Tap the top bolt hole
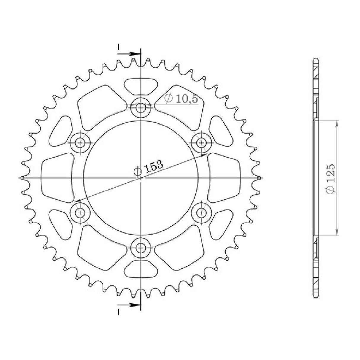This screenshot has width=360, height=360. (141, 108)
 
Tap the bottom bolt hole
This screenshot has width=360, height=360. (141, 248)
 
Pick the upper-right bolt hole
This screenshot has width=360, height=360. (202, 143)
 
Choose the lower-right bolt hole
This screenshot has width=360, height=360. (202, 212)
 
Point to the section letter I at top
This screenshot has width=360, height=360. (118, 47)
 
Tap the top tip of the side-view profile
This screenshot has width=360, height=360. (316, 58)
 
